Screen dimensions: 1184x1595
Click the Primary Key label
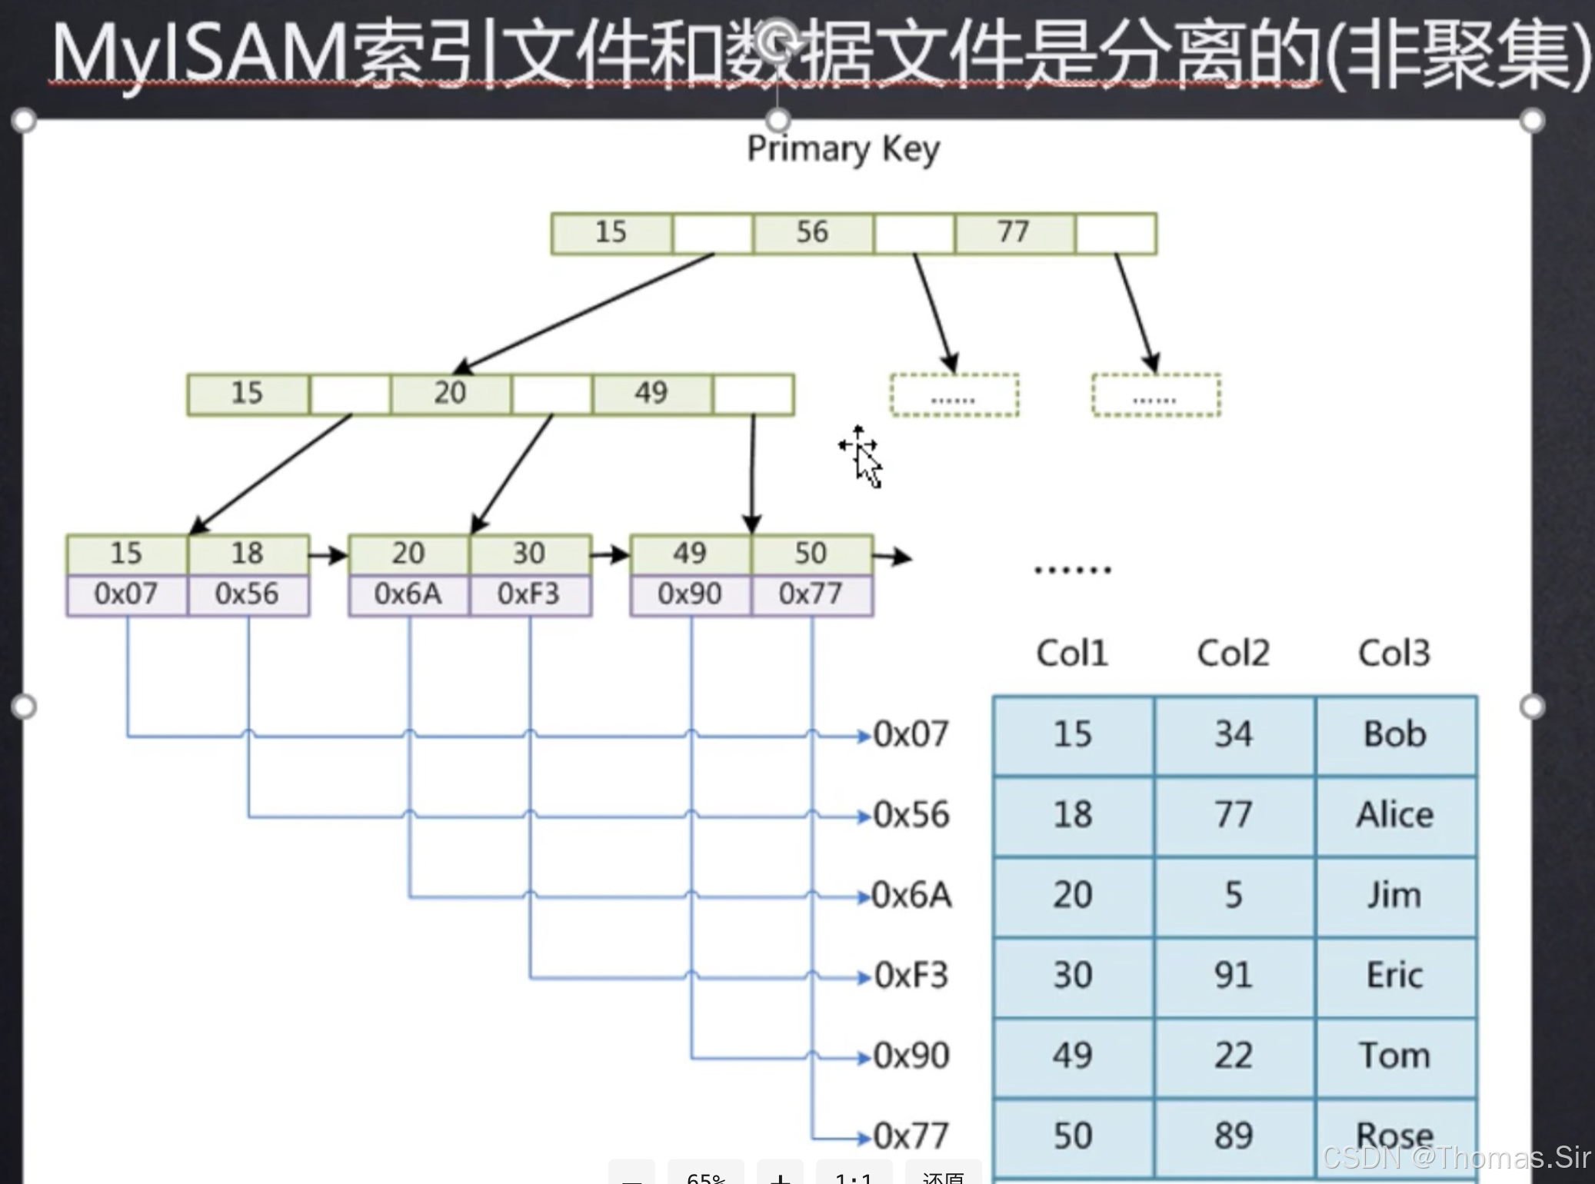coord(843,149)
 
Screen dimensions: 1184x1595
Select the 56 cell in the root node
coord(812,232)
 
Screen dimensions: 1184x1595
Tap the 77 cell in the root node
coord(1014,232)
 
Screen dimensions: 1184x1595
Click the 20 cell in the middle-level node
coord(450,393)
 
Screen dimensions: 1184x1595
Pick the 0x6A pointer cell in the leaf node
coord(408,594)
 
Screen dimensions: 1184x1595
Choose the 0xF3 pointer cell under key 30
coord(529,594)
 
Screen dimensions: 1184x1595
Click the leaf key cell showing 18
coord(248,554)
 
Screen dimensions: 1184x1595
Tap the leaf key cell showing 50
coord(811,554)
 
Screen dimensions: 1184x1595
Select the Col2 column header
coord(1234,654)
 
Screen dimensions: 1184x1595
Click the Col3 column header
coord(1394,654)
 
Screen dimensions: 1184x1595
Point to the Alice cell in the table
coord(1395,815)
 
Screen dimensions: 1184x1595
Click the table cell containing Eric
coord(1395,976)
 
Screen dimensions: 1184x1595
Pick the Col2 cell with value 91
coord(1234,976)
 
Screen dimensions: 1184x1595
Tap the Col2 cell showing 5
coord(1234,895)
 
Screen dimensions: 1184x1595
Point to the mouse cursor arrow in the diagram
coord(867,464)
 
